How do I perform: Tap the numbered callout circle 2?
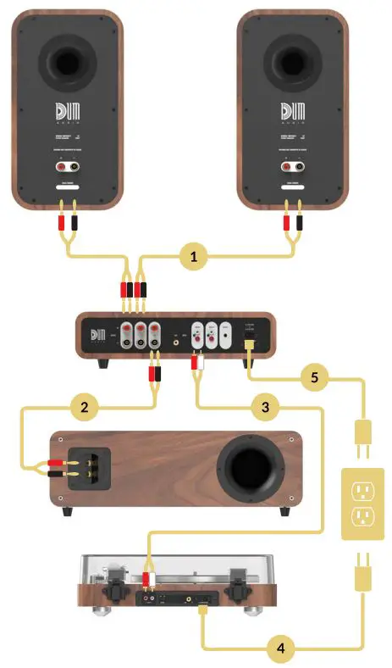pyautogui.click(x=83, y=407)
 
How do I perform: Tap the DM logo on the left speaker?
pyautogui.click(x=66, y=113)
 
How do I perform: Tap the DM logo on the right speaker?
pyautogui.click(x=292, y=113)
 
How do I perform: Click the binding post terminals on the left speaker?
pyautogui.click(x=66, y=168)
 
